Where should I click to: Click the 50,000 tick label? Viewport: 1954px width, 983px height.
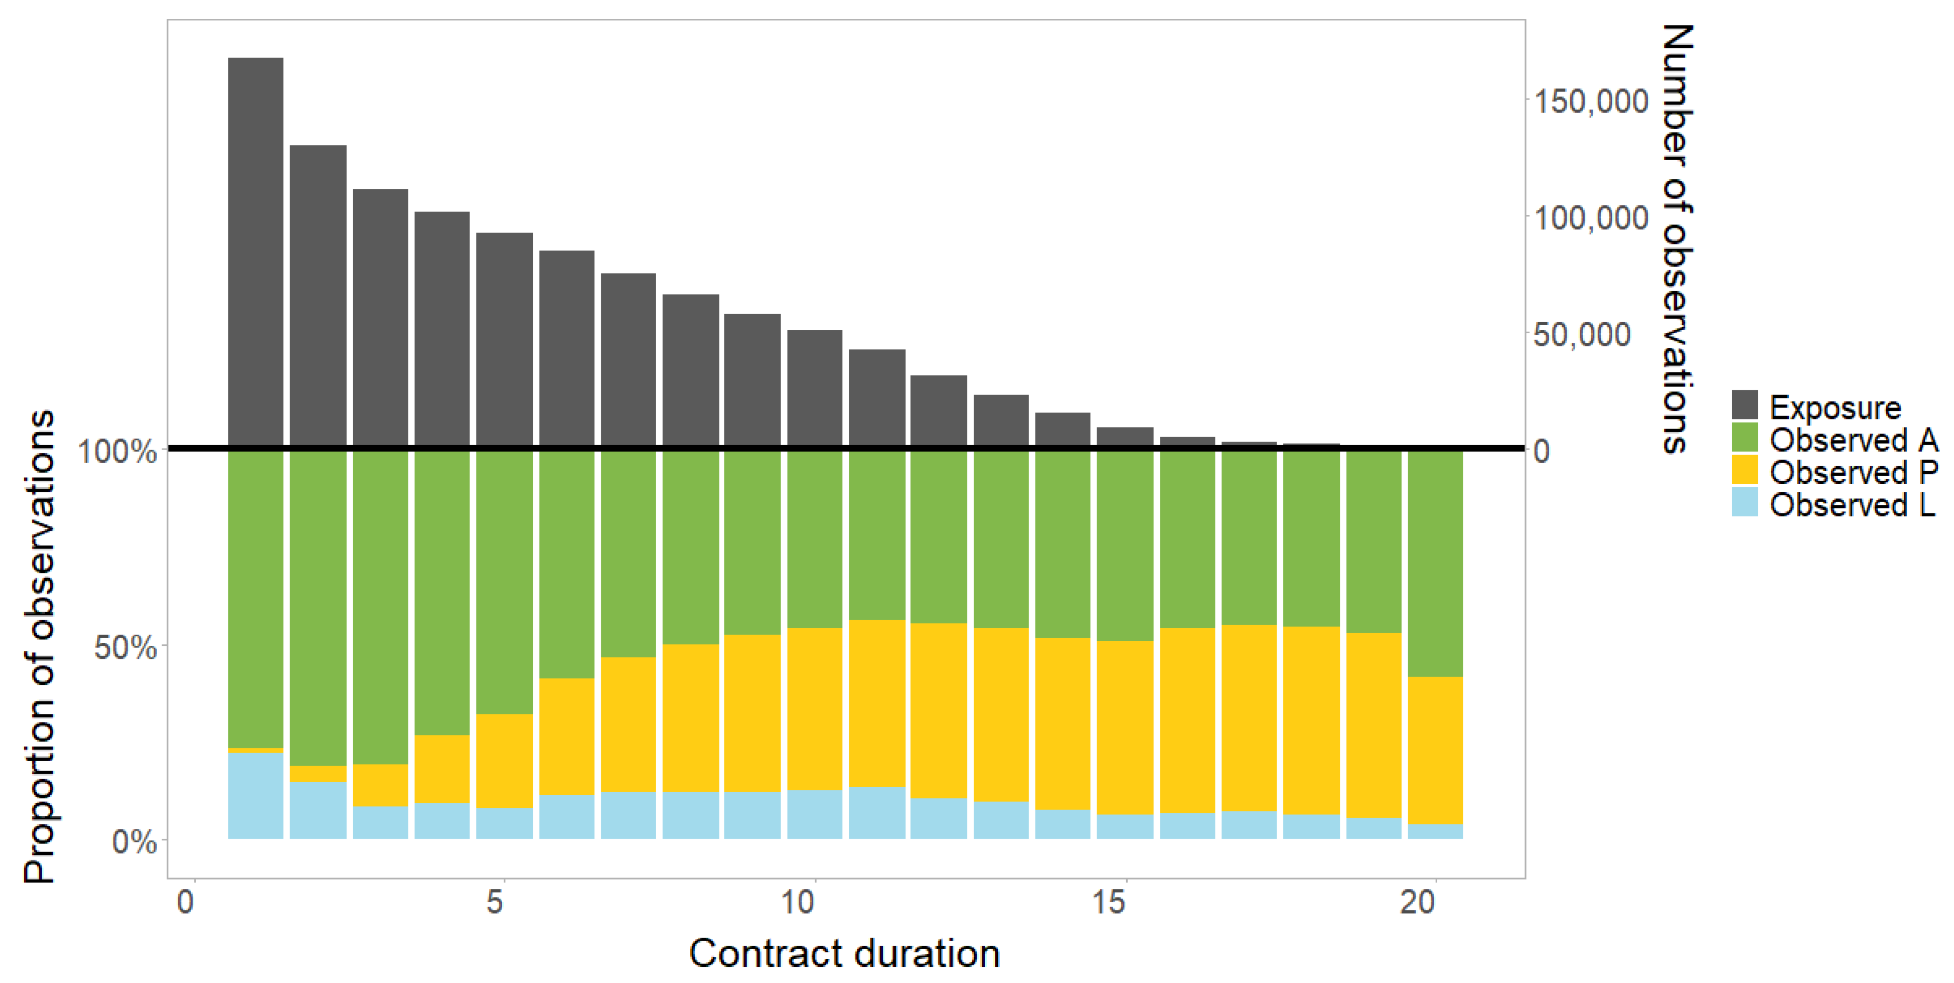pyautogui.click(x=1581, y=334)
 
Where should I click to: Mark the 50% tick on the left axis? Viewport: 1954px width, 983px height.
pyautogui.click(x=125, y=647)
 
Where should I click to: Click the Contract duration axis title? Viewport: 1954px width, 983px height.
pyautogui.click(x=844, y=953)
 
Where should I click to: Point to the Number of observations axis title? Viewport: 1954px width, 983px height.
pyautogui.click(x=1676, y=239)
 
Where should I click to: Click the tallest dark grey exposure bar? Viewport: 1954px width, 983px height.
pyautogui.click(x=256, y=250)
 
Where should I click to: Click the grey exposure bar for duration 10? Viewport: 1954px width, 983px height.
pyautogui.click(x=814, y=387)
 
